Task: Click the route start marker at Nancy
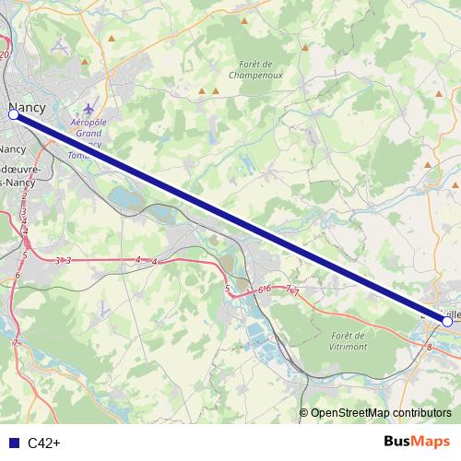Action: pos(14,115)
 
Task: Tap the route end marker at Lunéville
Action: pos(447,322)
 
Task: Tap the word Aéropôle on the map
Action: pos(89,122)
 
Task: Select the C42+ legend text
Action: pos(44,443)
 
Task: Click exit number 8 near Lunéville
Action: pos(431,347)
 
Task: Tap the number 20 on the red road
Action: pos(5,56)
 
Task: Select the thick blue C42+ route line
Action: pos(230,219)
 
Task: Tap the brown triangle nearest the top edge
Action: pos(112,39)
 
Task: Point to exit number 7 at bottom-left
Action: pos(16,343)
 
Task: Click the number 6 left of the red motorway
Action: pos(17,275)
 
